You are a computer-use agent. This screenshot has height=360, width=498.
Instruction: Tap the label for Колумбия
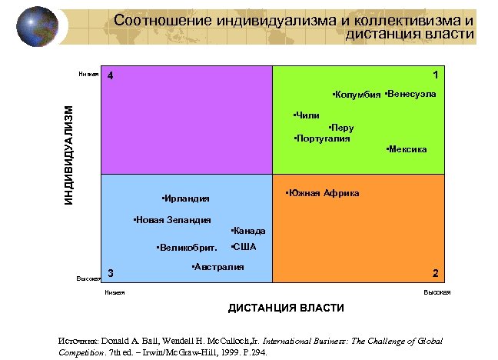[357, 95]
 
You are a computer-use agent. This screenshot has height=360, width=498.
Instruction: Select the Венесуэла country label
[410, 94]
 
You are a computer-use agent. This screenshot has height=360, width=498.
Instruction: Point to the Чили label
[307, 115]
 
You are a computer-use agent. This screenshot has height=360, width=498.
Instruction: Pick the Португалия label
[322, 138]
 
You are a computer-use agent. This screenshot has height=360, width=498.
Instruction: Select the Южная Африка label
[322, 193]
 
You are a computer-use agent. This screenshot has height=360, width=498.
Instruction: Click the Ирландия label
[187, 198]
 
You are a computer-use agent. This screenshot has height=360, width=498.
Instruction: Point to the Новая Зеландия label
[172, 220]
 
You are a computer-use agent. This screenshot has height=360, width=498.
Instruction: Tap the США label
[244, 247]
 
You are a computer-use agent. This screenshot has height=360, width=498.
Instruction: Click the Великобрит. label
[187, 248]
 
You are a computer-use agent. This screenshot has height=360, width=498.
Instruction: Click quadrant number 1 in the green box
[436, 75]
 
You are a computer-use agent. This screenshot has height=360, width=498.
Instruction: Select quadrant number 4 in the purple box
[111, 77]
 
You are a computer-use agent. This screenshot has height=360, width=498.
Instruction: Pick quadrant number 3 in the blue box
[111, 273]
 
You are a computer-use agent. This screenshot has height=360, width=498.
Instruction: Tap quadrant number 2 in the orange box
[436, 273]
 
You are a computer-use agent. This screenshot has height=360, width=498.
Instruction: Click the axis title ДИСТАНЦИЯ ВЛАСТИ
[286, 308]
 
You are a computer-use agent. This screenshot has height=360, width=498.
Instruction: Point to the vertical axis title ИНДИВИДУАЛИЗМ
[69, 156]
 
